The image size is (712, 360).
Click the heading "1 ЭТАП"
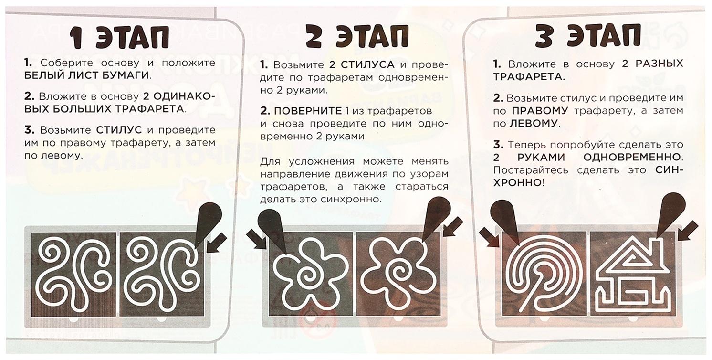pyautogui.click(x=119, y=37)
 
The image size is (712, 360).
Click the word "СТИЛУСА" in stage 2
pyautogui.click(x=367, y=65)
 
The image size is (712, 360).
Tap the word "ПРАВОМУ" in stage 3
pyautogui.click(x=540, y=111)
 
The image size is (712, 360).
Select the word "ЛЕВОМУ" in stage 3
pyautogui.click(x=534, y=124)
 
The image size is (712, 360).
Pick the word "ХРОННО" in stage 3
pyautogui.click(x=516, y=183)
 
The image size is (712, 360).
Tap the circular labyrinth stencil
pyautogui.click(x=544, y=275)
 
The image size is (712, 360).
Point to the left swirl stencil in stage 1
pyautogui.click(x=74, y=275)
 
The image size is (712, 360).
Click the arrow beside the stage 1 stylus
pyautogui.click(x=217, y=243)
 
